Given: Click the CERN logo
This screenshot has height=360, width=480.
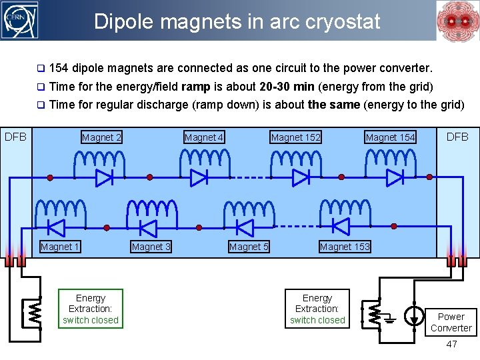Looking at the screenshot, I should pos(21,20).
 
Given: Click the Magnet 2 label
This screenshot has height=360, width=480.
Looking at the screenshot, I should pos(101,138).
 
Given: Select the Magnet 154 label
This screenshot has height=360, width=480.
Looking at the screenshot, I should pos(390,138).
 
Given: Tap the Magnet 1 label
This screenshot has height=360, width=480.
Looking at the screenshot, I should pos(60,247).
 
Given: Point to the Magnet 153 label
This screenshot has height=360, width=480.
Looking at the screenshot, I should pos(345,247).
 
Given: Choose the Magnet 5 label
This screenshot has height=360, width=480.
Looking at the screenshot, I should pos(249,247).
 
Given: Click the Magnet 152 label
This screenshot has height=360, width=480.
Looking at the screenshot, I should pos(295,138).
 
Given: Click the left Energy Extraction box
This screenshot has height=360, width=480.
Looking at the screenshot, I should pos(91,309).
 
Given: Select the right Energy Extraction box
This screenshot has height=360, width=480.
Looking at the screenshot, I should pos(317,309).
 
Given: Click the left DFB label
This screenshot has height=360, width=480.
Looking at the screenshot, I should pos(15,137).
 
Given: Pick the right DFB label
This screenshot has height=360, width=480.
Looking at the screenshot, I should pos(457,137).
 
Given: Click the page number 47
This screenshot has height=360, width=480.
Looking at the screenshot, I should pos(451,345).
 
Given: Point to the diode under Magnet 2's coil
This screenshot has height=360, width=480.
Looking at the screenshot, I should pos(104,177).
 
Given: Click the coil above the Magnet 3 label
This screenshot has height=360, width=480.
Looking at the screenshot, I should pos(151,211).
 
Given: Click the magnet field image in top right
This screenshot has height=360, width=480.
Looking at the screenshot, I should pos(456,21).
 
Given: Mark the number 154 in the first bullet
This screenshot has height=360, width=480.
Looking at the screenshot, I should pos(59,68).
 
